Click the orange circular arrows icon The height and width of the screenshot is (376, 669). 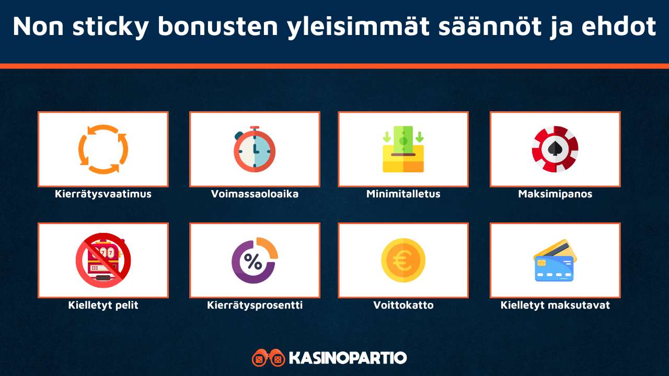pos(103,149)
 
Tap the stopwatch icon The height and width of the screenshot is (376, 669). pos(255,149)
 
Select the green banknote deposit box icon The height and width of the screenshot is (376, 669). pos(403,149)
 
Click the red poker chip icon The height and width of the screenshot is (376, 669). pos(555,149)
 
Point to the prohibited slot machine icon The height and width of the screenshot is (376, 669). pos(103,261)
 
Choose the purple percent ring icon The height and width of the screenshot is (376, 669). pos(255,261)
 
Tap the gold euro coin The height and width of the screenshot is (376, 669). pos(403,261)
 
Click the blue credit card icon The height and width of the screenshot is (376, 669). pos(555,261)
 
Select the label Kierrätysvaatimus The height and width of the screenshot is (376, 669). pos(103,194)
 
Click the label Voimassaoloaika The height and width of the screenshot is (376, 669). pos(255,194)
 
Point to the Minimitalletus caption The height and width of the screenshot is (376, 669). pos(403,194)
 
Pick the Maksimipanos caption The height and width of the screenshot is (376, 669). pos(555,194)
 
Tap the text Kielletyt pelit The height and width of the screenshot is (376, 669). pos(103,305)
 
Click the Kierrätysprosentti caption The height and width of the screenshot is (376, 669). pos(255,305)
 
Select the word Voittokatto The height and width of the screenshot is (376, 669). pos(403,305)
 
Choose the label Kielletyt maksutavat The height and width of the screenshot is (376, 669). pos(555,305)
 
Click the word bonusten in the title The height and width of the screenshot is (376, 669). pos(218,26)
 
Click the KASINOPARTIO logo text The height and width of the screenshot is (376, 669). pos(348,358)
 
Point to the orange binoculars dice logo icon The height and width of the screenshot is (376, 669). pos(268,358)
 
